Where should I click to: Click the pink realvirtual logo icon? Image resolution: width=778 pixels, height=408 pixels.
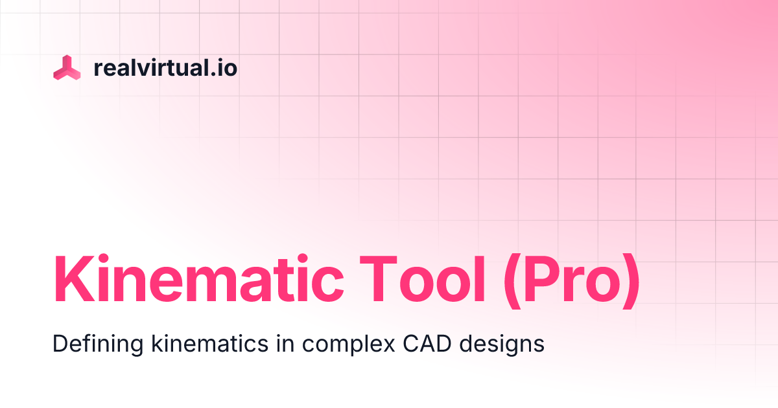[x=67, y=68]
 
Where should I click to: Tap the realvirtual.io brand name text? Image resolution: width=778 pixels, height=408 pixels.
[x=165, y=67]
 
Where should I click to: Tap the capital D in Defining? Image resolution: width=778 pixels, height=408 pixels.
[x=60, y=343]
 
